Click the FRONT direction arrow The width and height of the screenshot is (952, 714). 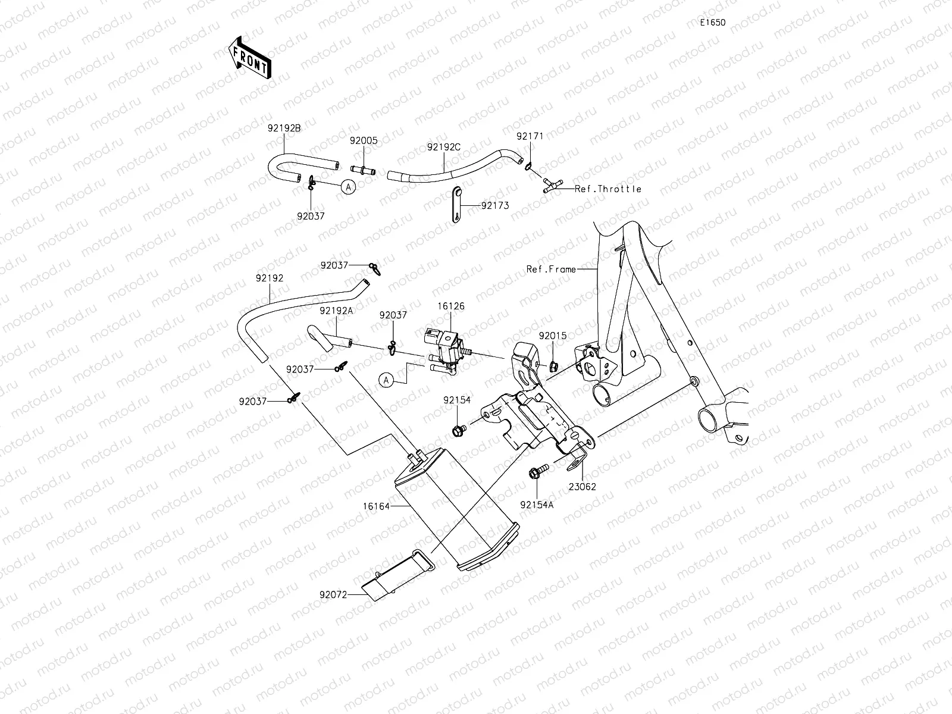[249, 58]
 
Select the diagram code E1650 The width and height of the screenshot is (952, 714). [712, 23]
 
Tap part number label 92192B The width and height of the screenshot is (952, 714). [284, 127]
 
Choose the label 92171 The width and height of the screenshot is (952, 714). [530, 136]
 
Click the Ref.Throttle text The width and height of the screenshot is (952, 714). [608, 189]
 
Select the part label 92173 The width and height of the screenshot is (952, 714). [495, 205]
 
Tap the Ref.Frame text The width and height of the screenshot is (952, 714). [551, 269]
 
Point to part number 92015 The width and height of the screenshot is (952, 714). [553, 336]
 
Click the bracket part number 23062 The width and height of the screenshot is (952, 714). [583, 486]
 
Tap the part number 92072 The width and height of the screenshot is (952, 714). [333, 594]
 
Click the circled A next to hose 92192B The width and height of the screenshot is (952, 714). [349, 186]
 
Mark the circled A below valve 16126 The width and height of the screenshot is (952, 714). [387, 380]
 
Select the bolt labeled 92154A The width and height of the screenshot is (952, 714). [534, 474]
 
